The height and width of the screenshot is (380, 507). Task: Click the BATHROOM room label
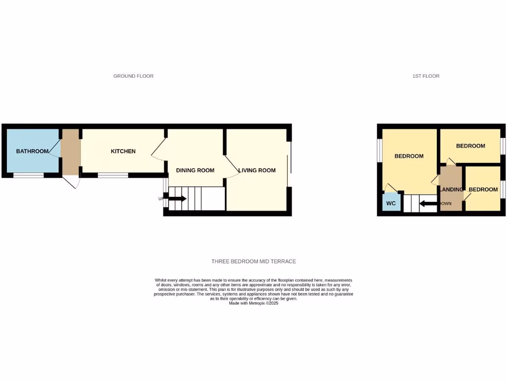pyautogui.click(x=32, y=151)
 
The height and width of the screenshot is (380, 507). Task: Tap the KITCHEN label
pyautogui.click(x=123, y=151)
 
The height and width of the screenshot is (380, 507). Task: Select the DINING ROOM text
pyautogui.click(x=195, y=170)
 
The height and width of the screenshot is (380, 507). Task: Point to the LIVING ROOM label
pyautogui.click(x=257, y=170)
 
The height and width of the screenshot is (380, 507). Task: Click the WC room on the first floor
pyautogui.click(x=391, y=203)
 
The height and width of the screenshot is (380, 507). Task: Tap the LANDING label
pyautogui.click(x=451, y=190)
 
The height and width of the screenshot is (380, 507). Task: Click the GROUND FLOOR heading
pyautogui.click(x=133, y=76)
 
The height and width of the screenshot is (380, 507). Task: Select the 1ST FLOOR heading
pyautogui.click(x=426, y=76)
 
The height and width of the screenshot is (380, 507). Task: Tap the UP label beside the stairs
pyautogui.click(x=160, y=199)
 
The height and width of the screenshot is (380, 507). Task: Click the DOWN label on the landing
pyautogui.click(x=445, y=203)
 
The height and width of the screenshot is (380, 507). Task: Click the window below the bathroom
pyautogui.click(x=28, y=175)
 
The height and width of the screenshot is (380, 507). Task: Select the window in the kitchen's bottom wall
pyautogui.click(x=113, y=175)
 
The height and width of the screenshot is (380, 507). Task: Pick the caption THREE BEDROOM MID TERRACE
pyautogui.click(x=253, y=261)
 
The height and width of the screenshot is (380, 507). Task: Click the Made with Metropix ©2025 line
pyautogui.click(x=253, y=303)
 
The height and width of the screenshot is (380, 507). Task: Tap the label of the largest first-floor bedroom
pyautogui.click(x=408, y=156)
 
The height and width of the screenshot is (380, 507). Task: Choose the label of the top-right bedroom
pyautogui.click(x=470, y=146)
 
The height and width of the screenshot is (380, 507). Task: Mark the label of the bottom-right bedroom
pyautogui.click(x=483, y=190)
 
